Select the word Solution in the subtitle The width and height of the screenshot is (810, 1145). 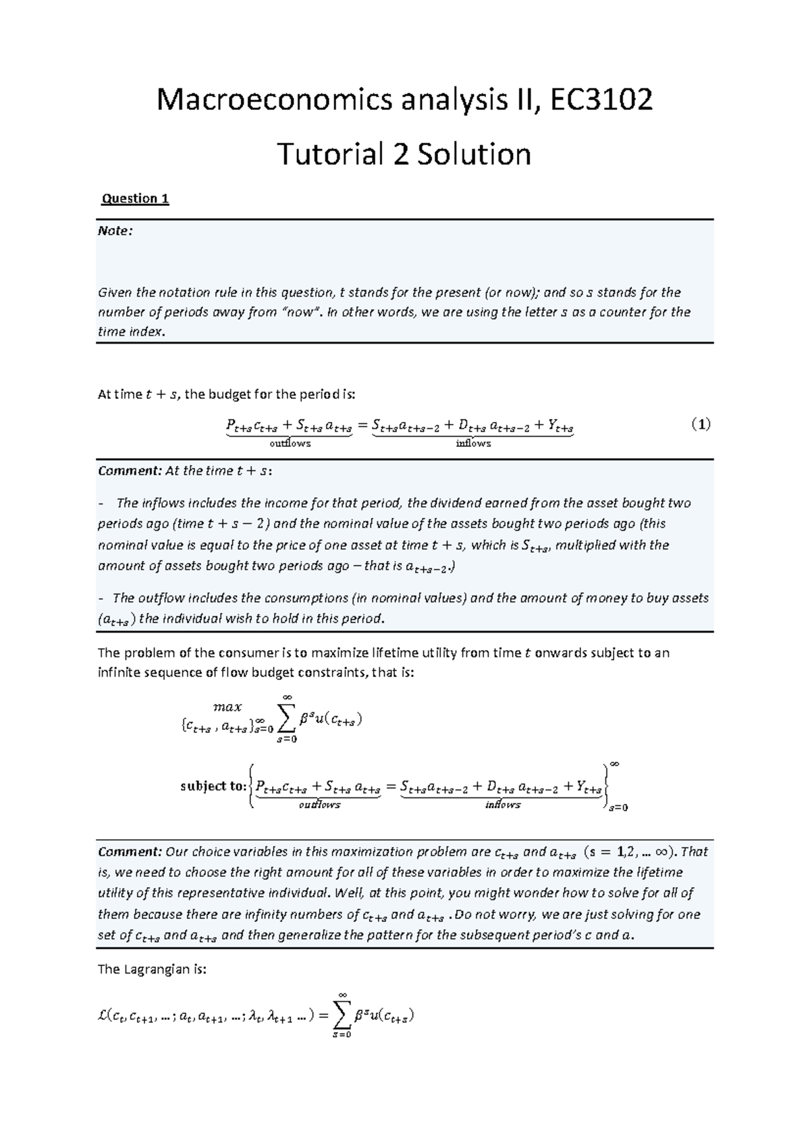[x=473, y=155]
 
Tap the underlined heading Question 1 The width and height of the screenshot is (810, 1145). [x=134, y=198]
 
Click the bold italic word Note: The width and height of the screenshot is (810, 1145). [x=115, y=231]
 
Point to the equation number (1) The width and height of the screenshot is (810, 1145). [x=701, y=425]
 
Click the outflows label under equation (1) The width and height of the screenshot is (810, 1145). [x=290, y=444]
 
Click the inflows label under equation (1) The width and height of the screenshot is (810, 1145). [x=473, y=444]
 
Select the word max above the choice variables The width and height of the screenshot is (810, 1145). [x=227, y=707]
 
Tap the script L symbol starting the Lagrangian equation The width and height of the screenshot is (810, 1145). [x=103, y=1015]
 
